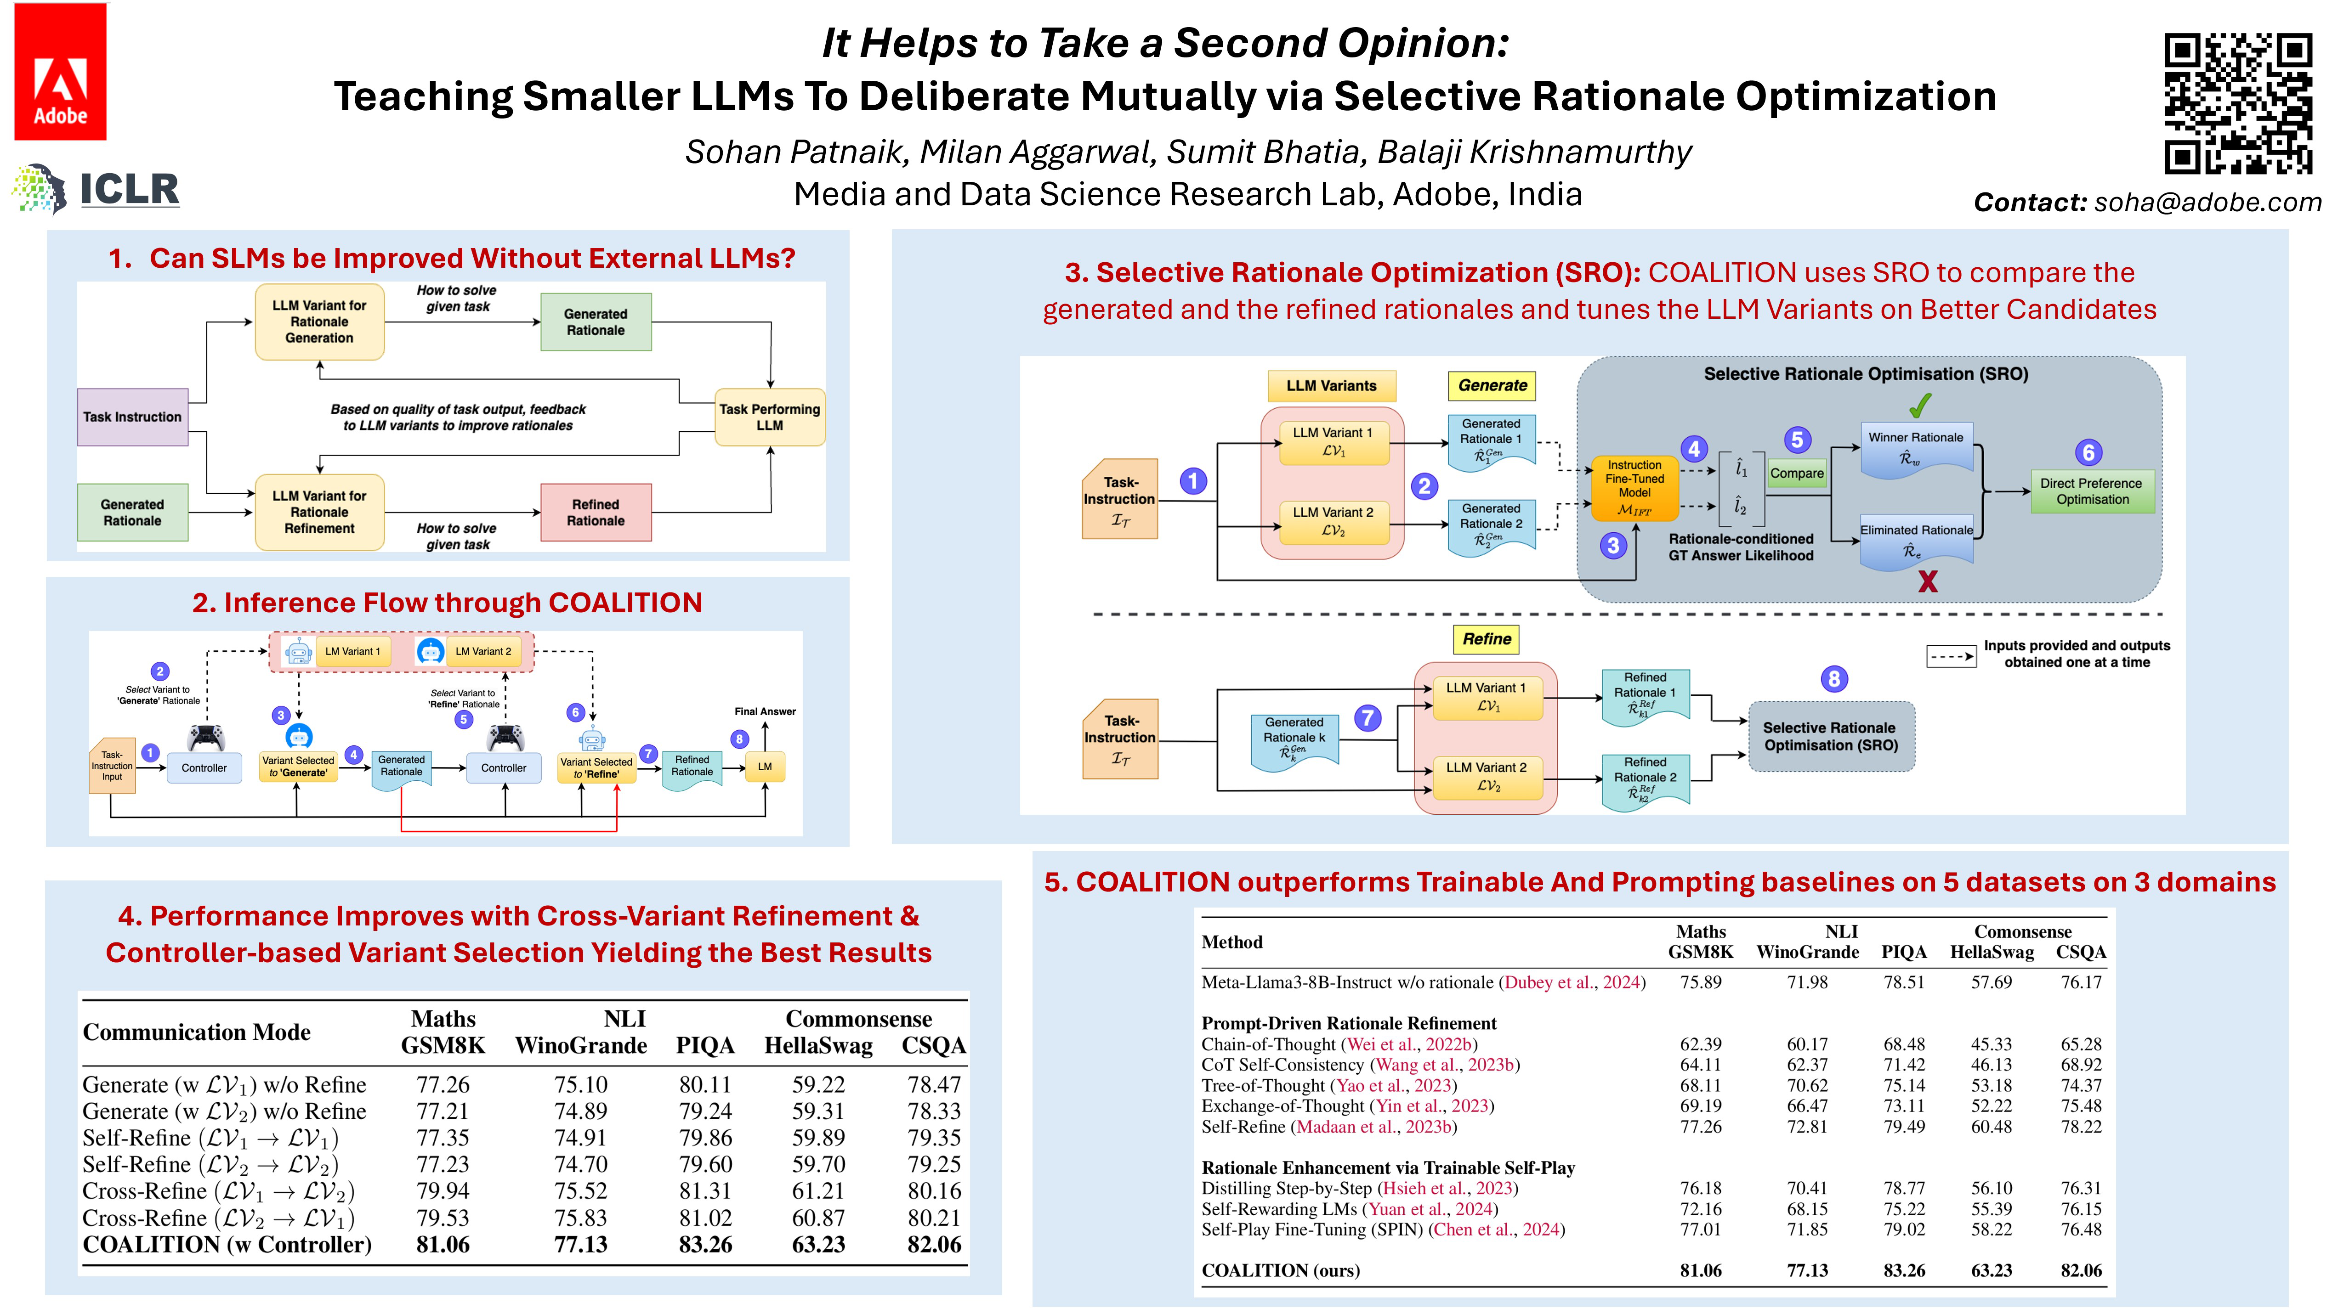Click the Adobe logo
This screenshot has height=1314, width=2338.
point(60,73)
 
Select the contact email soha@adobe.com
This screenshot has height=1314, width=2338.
point(2207,203)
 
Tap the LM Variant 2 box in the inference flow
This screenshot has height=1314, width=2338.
point(483,652)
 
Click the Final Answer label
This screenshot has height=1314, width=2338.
point(764,711)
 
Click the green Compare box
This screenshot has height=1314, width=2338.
point(1796,473)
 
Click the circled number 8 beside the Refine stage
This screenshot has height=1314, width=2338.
point(1833,679)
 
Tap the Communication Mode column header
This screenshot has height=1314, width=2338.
point(196,1032)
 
